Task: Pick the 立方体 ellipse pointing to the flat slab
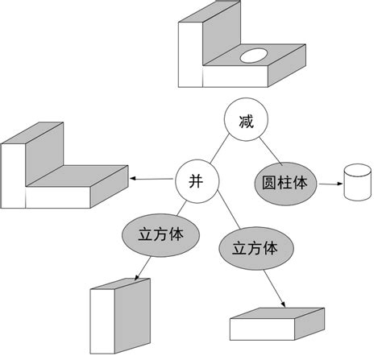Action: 254,248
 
